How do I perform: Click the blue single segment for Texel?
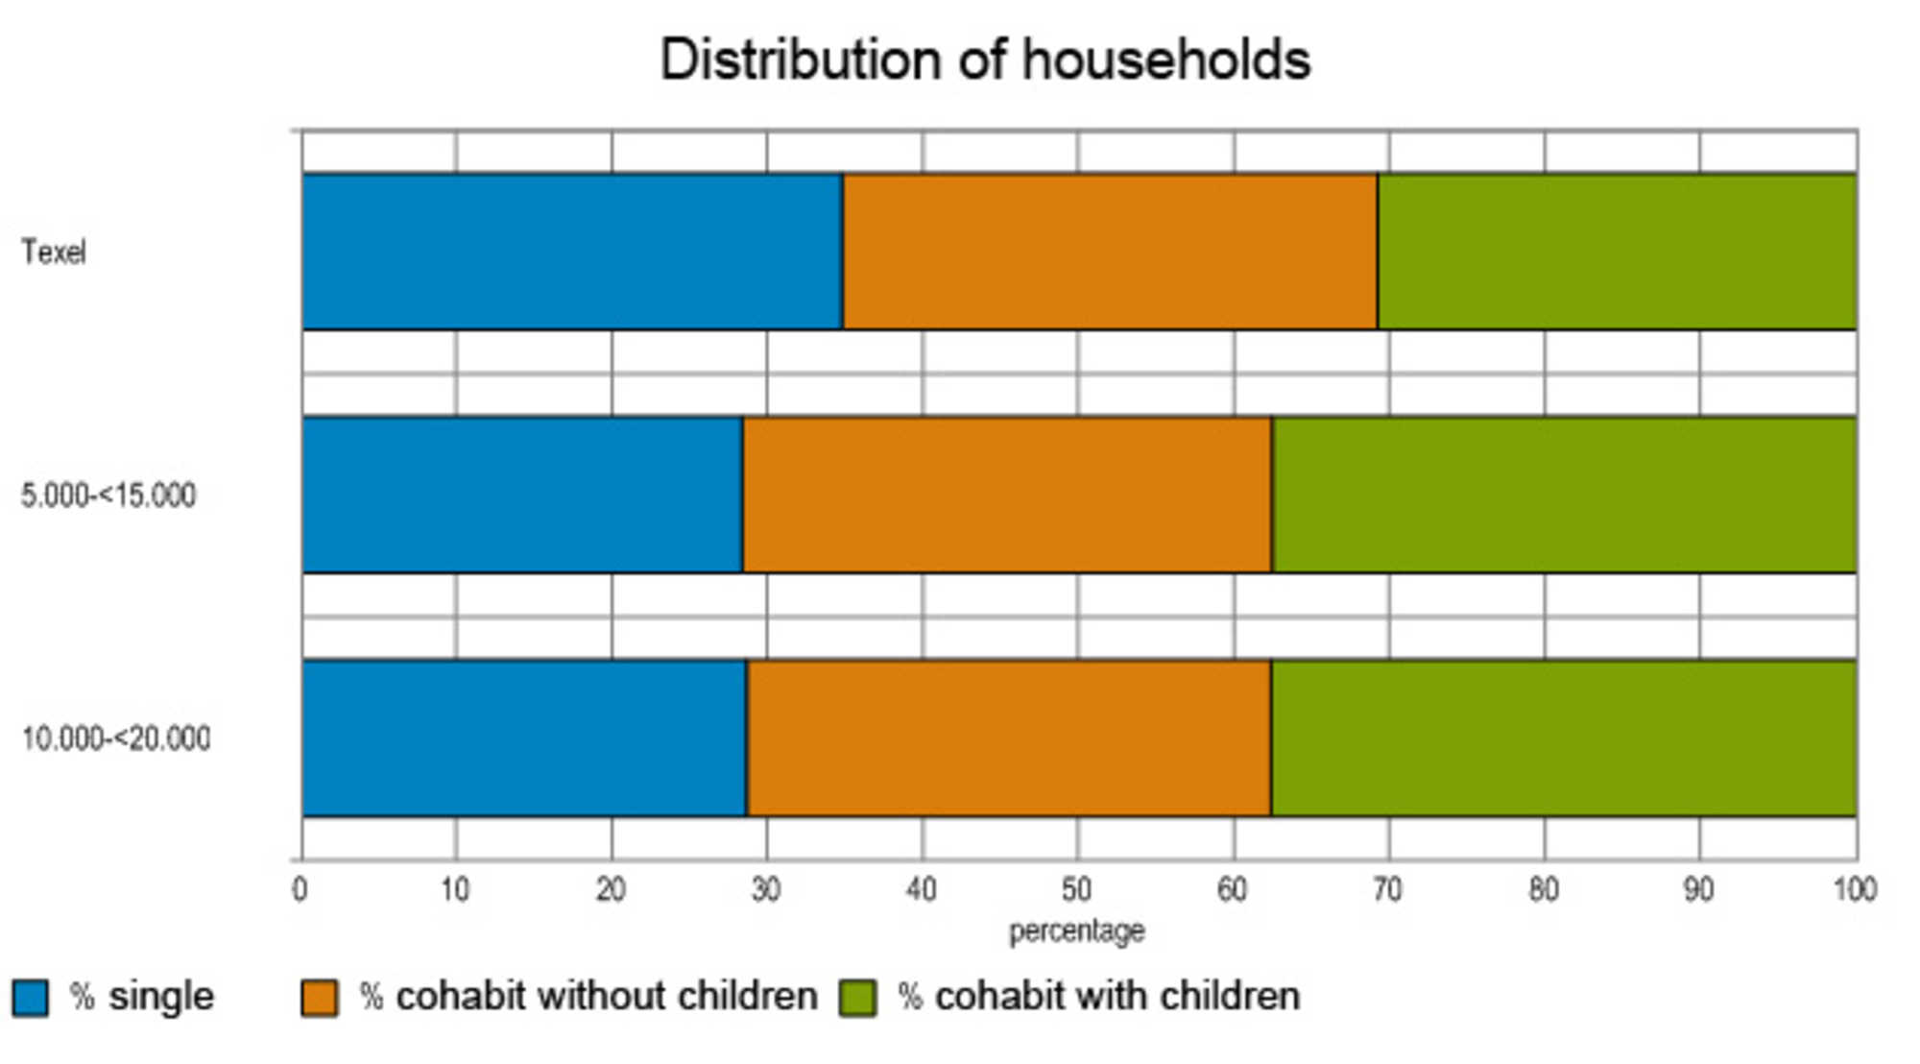[x=572, y=252]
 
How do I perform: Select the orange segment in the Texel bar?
[x=1110, y=252]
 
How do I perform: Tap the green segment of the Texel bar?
[x=1617, y=252]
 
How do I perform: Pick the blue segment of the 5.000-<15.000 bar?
[x=522, y=495]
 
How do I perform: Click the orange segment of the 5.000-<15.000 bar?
[x=1007, y=495]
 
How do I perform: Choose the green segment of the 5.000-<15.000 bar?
[x=1564, y=495]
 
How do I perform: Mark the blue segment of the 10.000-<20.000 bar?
[x=524, y=738]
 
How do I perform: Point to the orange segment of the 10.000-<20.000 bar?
[x=1009, y=738]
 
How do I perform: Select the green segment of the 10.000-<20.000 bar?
[x=1564, y=738]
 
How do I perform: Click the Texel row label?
[x=54, y=253]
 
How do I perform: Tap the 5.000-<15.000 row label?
[x=108, y=496]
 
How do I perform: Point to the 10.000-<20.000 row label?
[x=115, y=738]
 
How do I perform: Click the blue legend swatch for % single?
[x=30, y=998]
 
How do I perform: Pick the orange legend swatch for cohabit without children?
[x=320, y=998]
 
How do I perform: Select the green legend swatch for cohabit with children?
[x=858, y=998]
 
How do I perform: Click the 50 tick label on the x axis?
[x=1076, y=890]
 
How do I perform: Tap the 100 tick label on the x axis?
[x=1855, y=890]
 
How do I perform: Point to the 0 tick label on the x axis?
[x=300, y=890]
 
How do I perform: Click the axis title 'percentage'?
[x=1076, y=931]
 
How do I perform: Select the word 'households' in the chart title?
[x=1165, y=60]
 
